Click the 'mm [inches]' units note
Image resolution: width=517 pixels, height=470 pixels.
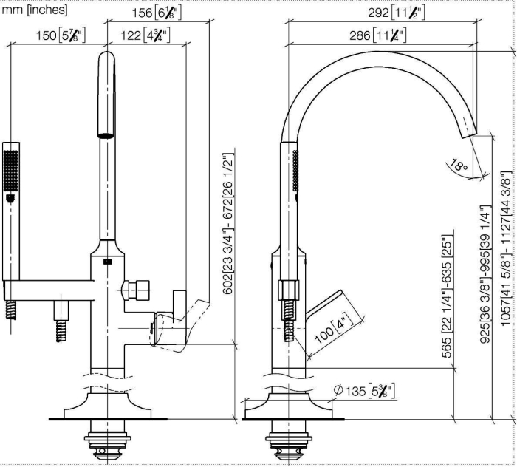point(35,10)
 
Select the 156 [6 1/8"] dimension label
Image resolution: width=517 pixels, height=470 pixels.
point(157,13)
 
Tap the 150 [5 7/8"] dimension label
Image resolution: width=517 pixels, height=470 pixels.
point(61,35)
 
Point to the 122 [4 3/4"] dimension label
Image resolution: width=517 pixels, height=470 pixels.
point(145,35)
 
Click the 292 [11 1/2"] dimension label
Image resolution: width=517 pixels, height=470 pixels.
point(397,13)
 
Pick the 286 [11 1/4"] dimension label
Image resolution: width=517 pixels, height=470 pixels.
point(378,35)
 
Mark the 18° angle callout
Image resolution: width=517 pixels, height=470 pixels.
point(459,165)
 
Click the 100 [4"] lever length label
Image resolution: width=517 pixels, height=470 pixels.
point(333,329)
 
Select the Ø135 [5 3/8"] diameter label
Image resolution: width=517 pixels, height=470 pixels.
point(364,391)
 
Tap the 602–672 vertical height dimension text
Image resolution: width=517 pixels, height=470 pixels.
point(227,223)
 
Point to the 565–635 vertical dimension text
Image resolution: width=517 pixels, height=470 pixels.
point(447,296)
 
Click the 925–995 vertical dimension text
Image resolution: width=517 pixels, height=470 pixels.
point(485,274)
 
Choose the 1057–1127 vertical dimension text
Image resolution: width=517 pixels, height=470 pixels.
point(506,248)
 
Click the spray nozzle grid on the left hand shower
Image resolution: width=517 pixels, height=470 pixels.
point(10,171)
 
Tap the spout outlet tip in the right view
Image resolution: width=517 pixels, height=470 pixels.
point(469,134)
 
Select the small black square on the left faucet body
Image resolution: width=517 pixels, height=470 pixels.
point(108,262)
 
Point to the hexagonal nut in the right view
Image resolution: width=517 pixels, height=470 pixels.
point(289,290)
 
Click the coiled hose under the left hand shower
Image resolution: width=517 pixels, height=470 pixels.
point(11,310)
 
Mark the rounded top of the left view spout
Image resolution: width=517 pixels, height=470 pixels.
point(107,56)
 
